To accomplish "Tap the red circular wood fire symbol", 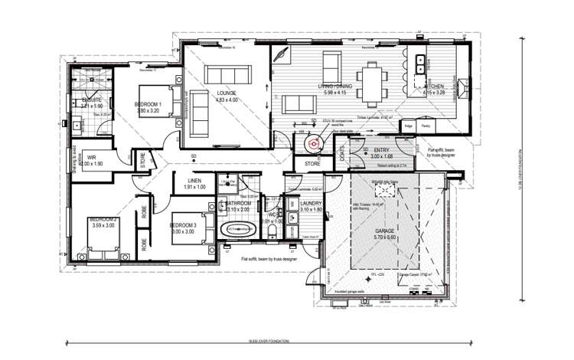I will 312,142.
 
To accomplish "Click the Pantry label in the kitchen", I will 426,125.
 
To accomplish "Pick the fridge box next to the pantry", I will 409,125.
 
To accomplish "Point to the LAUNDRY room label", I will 311,203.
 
